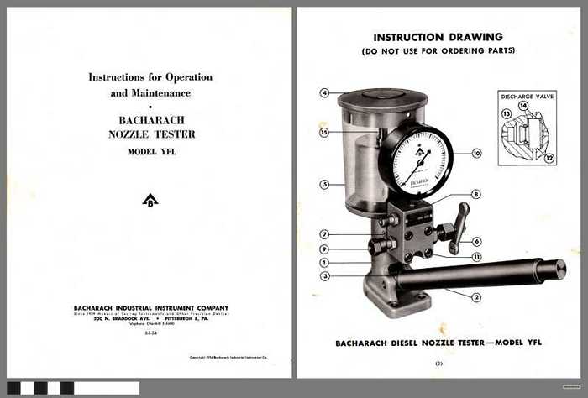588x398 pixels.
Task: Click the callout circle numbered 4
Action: tap(324, 92)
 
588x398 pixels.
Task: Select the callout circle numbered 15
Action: tap(324, 132)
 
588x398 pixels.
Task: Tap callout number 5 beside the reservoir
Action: tap(324, 184)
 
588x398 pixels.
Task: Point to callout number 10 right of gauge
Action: tap(476, 154)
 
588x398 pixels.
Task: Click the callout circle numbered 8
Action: tap(476, 194)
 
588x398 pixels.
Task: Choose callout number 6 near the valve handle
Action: tap(476, 241)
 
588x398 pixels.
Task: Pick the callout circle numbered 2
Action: tap(476, 296)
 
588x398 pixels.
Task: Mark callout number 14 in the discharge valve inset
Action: tap(523, 106)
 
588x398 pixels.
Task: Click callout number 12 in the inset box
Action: tap(549, 158)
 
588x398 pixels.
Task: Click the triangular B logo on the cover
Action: tap(150, 200)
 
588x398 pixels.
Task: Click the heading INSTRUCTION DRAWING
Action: tap(438, 37)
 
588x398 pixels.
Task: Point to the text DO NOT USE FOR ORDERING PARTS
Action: tap(438, 52)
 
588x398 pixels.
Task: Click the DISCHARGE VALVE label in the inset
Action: tap(528, 96)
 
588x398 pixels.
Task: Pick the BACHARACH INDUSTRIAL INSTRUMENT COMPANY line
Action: tap(150, 308)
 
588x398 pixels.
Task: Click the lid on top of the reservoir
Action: tap(382, 95)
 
